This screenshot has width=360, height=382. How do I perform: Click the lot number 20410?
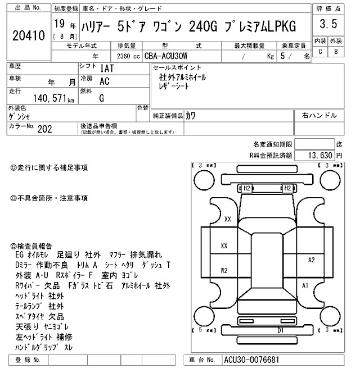click(28, 36)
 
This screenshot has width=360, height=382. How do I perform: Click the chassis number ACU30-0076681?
click(251, 360)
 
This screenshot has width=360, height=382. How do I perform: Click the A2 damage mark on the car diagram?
click(311, 260)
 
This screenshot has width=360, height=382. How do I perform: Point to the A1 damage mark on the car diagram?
click(305, 286)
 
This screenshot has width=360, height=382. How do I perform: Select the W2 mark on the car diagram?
click(224, 270)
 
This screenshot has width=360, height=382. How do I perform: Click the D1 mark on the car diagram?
click(280, 331)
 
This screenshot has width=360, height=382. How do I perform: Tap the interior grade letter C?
click(320, 52)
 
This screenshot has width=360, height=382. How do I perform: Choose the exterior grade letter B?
click(336, 52)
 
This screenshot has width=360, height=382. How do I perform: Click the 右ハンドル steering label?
click(319, 115)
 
